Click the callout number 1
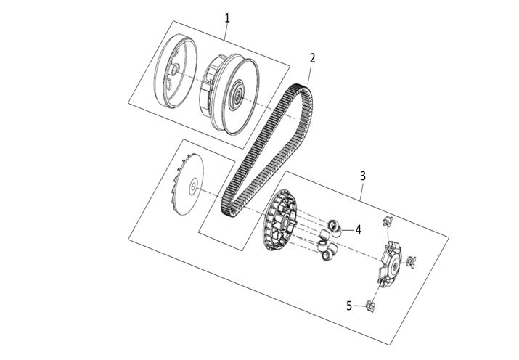pyautogui.click(x=227, y=18)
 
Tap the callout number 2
pyautogui.click(x=312, y=58)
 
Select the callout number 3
pyautogui.click(x=363, y=176)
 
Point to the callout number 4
pyautogui.click(x=358, y=229)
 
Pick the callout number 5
pyautogui.click(x=349, y=306)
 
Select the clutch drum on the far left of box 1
pyautogui.click(x=176, y=71)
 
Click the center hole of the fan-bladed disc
pyautogui.click(x=193, y=187)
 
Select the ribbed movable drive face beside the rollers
pyautogui.click(x=279, y=220)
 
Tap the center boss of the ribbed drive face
pyautogui.click(x=284, y=221)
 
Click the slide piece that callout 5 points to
pyautogui.click(x=370, y=306)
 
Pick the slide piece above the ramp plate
pyautogui.click(x=388, y=221)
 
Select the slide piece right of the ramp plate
pyautogui.click(x=411, y=262)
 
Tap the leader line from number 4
pyautogui.click(x=348, y=229)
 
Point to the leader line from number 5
pyautogui.click(x=359, y=306)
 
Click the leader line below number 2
pyautogui.click(x=309, y=75)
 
